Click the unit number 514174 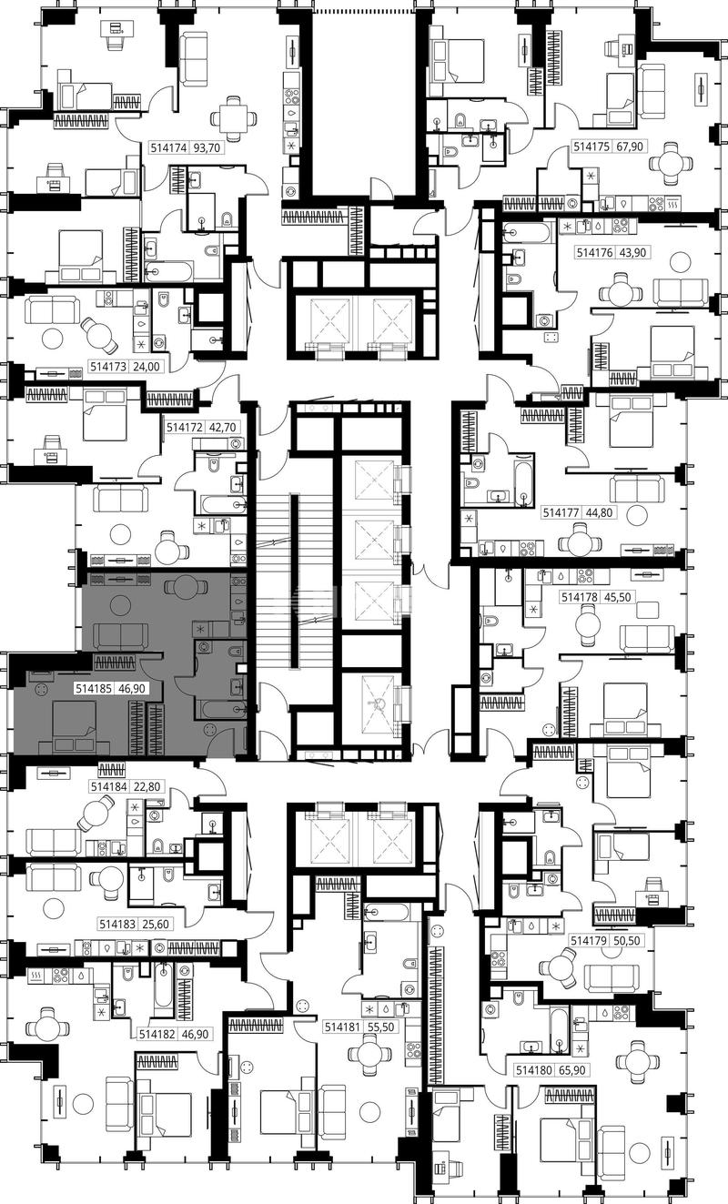(168, 147)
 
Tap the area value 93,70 (207, 147)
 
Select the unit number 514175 (591, 147)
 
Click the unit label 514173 (108, 367)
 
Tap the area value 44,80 (599, 512)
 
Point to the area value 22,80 (148, 787)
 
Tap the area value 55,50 (380, 1027)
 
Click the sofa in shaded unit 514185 (120, 636)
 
